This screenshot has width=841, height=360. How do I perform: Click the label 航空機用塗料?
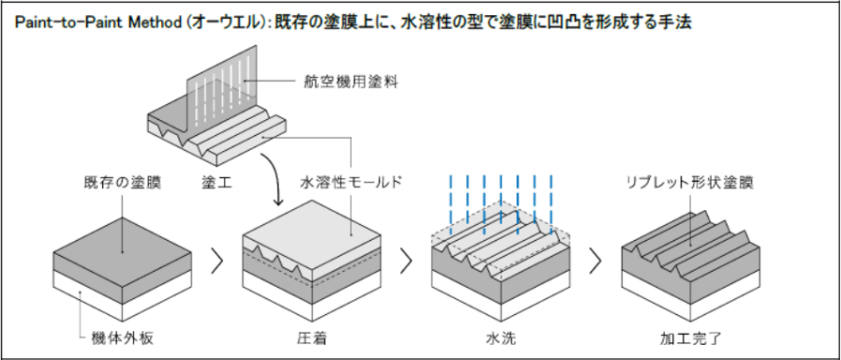(x=348, y=82)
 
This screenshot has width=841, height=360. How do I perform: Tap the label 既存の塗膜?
(x=123, y=183)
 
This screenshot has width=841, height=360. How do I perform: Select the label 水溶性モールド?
(x=351, y=183)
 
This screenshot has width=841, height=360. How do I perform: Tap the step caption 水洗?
(x=501, y=338)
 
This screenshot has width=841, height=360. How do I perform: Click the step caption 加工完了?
(x=691, y=338)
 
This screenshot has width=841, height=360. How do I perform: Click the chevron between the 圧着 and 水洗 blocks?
(x=407, y=261)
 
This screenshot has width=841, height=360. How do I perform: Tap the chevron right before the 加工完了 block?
(x=595, y=261)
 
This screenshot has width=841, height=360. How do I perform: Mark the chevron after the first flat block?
(x=217, y=261)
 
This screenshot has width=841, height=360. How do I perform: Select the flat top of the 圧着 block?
(x=312, y=228)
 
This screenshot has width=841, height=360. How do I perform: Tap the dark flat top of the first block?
(x=123, y=234)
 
